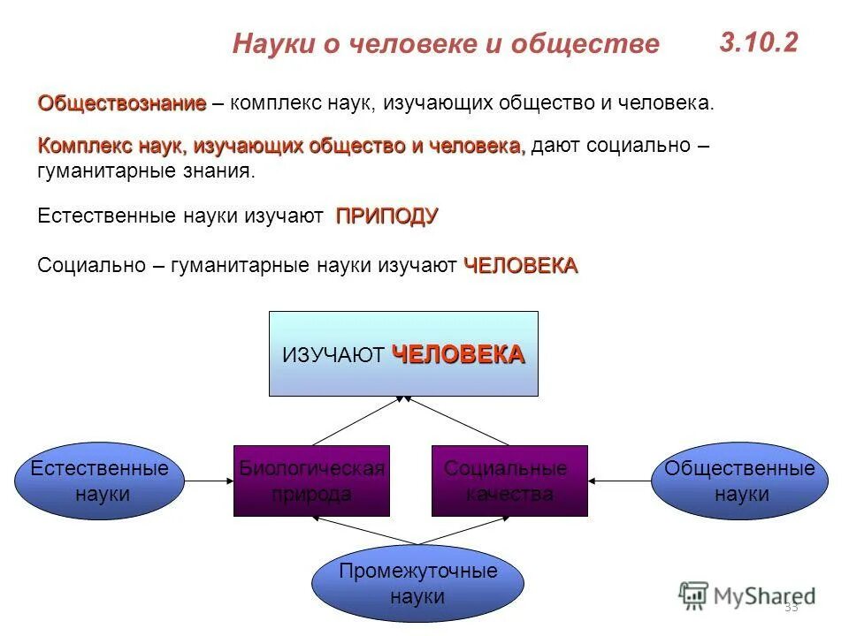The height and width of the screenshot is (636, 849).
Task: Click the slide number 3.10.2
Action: click(x=758, y=42)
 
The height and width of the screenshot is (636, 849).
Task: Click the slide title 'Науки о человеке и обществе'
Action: click(x=446, y=44)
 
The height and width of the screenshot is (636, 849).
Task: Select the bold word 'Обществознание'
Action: click(x=121, y=103)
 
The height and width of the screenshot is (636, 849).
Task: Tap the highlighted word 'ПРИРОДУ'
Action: click(x=386, y=216)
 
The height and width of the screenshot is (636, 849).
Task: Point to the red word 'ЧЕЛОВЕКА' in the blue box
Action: click(x=458, y=354)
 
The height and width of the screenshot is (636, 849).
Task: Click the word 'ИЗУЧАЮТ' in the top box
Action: click(x=333, y=355)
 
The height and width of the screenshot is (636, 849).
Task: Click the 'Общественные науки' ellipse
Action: click(x=740, y=481)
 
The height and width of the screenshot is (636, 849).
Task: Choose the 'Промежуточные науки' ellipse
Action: click(x=417, y=584)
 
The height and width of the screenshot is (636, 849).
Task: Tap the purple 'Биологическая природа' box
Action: click(x=311, y=481)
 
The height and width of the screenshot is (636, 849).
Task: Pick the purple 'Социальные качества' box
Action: click(x=509, y=481)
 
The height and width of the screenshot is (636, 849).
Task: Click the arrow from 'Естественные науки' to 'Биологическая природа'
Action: click(x=209, y=481)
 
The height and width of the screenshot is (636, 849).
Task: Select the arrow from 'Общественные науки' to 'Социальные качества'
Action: click(x=620, y=481)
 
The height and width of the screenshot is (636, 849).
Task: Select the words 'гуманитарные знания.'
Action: click(x=146, y=170)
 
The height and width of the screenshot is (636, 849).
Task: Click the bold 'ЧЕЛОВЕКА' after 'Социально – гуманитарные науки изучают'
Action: click(x=520, y=265)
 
